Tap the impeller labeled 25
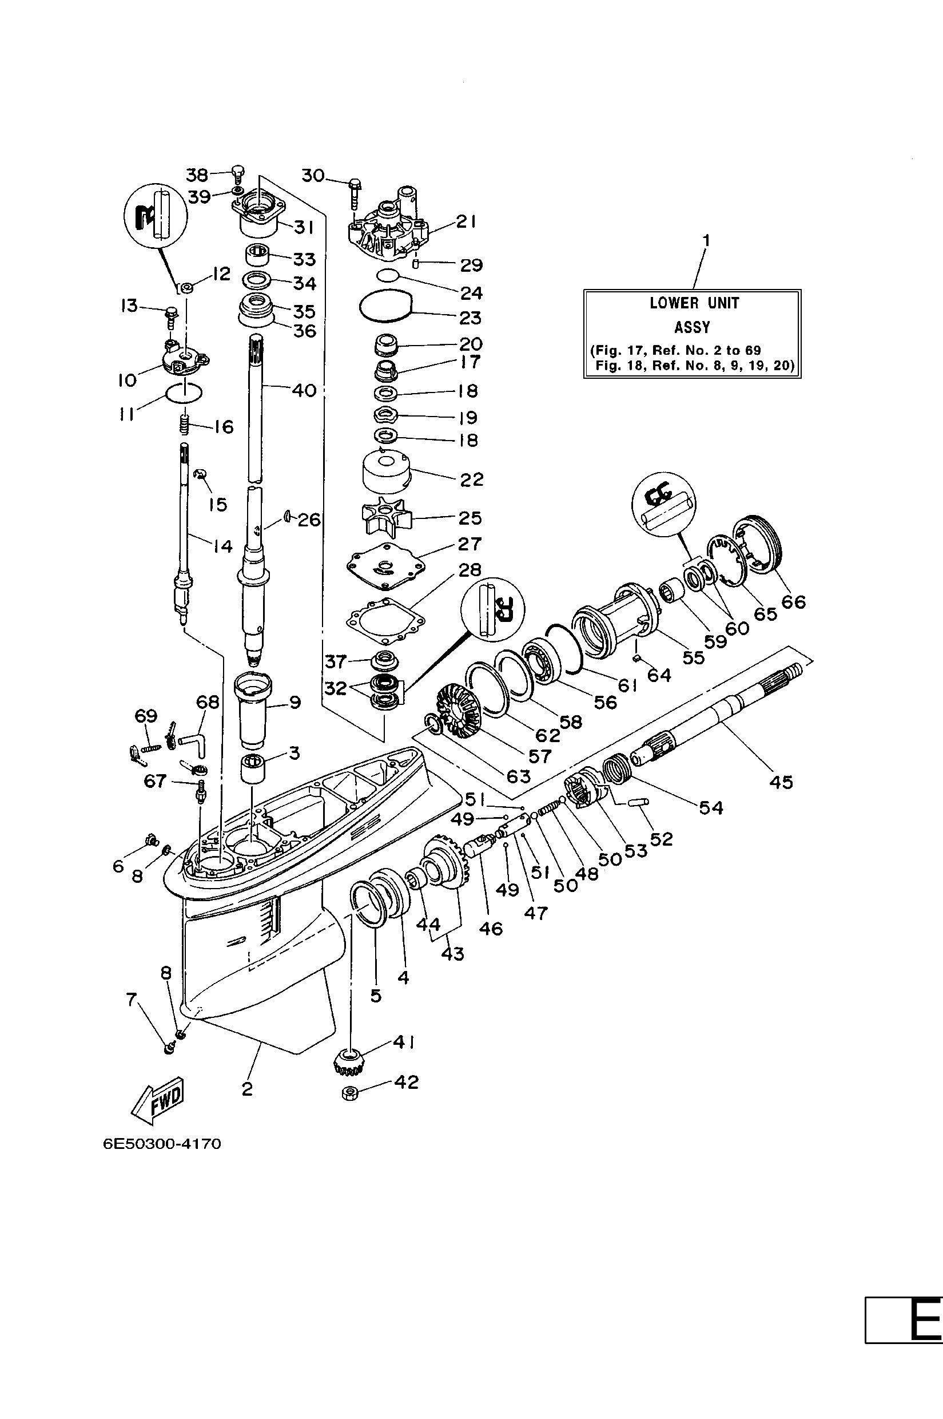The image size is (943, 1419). pos(385,517)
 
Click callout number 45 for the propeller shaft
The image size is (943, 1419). pos(781,782)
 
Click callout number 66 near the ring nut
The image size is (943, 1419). pos(793,601)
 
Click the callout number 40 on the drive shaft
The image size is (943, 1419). pos(304,391)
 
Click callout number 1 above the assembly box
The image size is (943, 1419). pos(707,241)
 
